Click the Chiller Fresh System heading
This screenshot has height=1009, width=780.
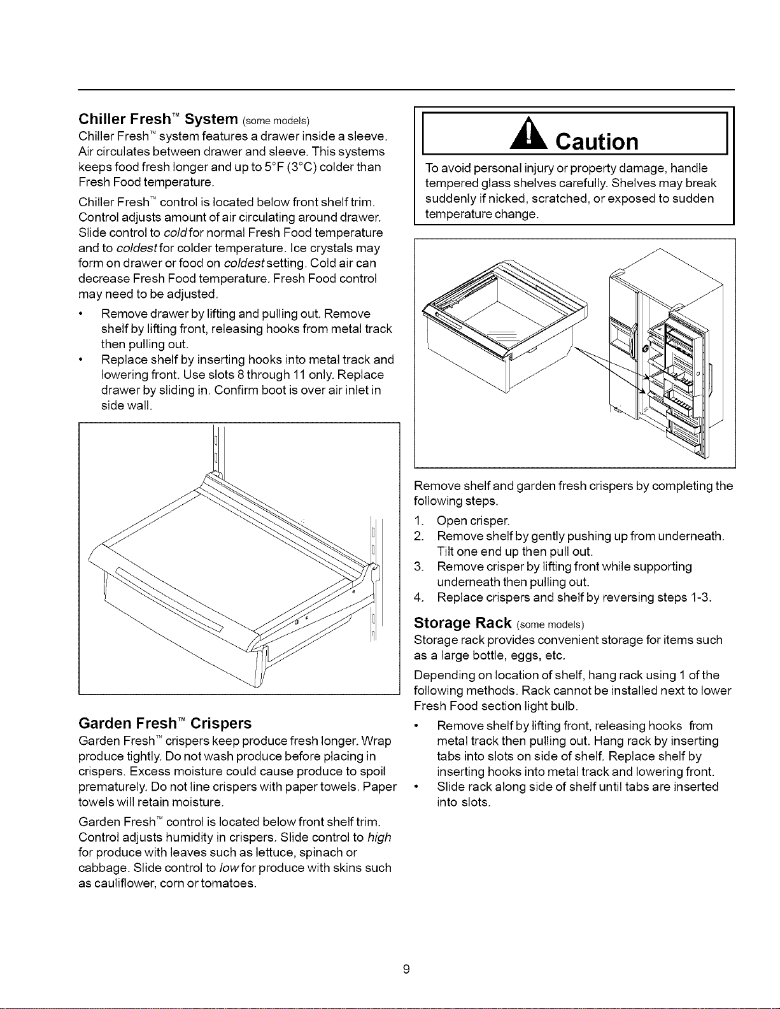[194, 119]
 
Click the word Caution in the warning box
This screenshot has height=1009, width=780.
[597, 141]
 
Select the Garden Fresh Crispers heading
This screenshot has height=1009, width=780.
[165, 723]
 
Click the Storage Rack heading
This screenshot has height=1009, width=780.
[499, 623]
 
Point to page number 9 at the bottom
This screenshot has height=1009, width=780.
[406, 969]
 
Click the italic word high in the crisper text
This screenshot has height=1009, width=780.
[379, 838]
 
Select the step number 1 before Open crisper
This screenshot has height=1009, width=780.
[419, 521]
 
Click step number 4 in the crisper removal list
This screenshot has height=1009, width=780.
[419, 598]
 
